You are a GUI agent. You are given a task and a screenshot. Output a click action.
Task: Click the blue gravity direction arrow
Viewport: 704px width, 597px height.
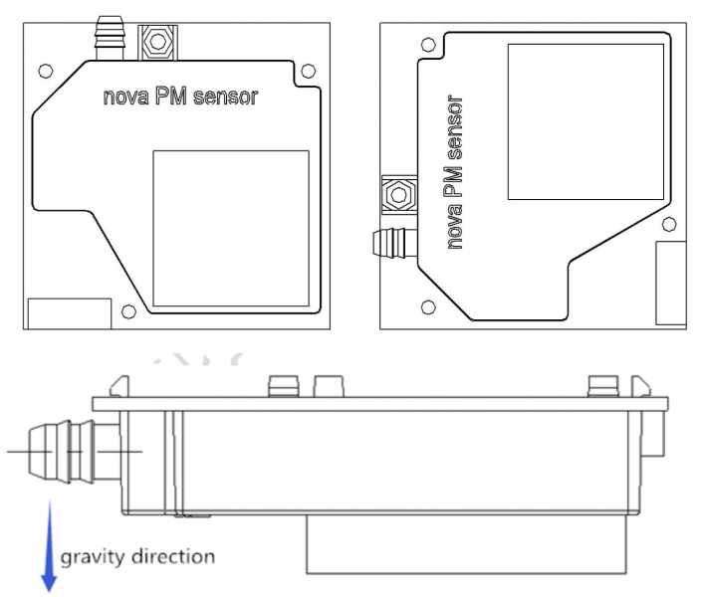(49, 546)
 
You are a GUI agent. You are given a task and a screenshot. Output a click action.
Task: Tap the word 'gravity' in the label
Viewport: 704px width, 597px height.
(93, 558)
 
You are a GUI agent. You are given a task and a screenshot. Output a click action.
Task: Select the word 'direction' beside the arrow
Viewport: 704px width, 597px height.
(173, 556)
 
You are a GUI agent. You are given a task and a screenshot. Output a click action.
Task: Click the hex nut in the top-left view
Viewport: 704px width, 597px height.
(157, 42)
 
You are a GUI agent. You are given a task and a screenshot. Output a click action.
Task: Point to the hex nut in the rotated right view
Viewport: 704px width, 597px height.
(398, 195)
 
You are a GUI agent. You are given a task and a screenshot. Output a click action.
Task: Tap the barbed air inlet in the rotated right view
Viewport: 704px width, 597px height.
(395, 243)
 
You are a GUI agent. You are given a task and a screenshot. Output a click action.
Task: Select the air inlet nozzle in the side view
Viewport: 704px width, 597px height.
(75, 452)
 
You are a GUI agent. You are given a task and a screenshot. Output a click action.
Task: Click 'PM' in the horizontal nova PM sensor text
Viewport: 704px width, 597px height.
(171, 96)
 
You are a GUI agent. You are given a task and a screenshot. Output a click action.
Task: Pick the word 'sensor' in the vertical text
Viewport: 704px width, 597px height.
(454, 127)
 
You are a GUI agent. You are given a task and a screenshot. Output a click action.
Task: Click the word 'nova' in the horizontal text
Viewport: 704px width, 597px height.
(125, 97)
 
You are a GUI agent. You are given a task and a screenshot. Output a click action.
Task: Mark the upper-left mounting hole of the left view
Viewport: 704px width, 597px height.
(46, 71)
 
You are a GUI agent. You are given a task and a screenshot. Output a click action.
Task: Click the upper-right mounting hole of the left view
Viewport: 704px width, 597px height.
(308, 71)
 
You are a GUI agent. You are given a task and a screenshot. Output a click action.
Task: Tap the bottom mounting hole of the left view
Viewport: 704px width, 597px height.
(128, 311)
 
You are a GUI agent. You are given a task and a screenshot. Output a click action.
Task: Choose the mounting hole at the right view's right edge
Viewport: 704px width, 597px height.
(669, 224)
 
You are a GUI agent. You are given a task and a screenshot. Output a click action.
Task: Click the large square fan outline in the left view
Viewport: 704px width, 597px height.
(153, 228)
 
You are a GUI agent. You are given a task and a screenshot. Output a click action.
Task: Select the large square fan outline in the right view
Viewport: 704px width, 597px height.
(508, 121)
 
